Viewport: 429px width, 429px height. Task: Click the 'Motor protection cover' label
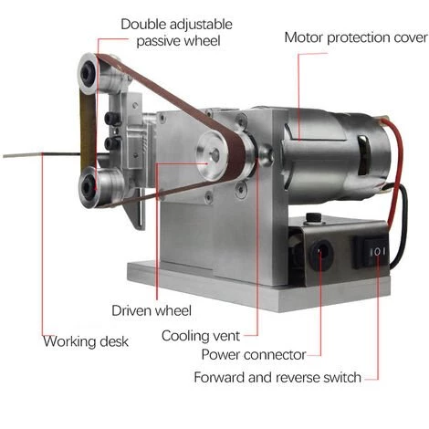356,37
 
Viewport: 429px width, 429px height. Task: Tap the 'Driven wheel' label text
152,310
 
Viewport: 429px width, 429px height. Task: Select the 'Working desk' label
86,341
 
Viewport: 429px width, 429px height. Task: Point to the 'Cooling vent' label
201,336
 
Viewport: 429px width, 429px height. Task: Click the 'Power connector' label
254,355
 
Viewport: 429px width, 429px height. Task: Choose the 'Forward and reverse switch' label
277,377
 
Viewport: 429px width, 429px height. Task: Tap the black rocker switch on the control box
371,252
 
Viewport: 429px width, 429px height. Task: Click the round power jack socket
321,255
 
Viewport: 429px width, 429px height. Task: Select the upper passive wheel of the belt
89,74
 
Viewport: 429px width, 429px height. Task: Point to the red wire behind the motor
395,171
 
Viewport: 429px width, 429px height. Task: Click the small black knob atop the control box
313,217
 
